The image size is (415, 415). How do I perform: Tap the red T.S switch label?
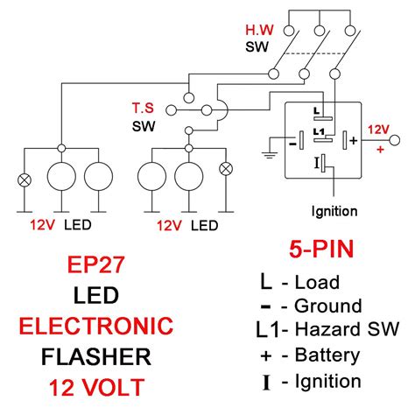point(141,108)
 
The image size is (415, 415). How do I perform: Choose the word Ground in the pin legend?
point(328,306)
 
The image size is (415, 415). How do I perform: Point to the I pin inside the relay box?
point(316,163)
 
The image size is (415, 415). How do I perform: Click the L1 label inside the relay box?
point(320,130)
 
